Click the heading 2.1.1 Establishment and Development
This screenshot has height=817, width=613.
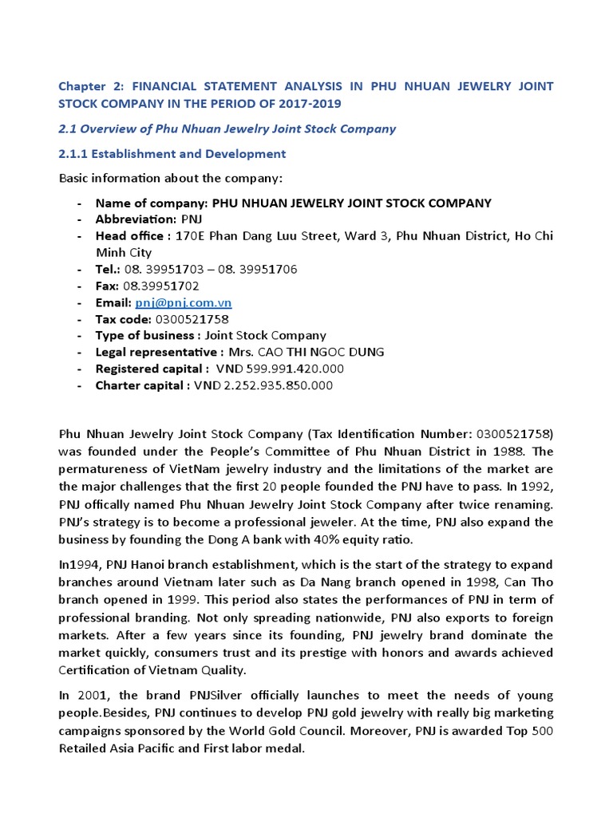tap(172, 153)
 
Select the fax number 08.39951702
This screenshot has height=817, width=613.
tap(161, 286)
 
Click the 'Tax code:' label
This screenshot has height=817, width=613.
tap(123, 319)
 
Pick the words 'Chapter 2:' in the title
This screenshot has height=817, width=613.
tap(89, 85)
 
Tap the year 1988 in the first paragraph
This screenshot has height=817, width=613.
tap(490, 451)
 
